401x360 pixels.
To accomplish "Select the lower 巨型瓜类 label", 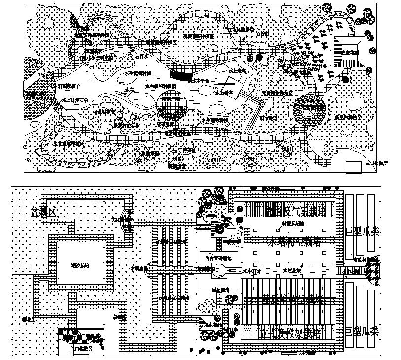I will tap(362, 331).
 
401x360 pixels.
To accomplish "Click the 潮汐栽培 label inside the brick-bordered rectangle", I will tap(81, 266).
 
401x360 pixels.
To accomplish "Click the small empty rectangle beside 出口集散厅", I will tap(353, 167).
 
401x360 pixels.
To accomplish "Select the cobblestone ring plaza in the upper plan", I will tap(310, 108).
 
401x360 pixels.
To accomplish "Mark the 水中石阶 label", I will tap(252, 270).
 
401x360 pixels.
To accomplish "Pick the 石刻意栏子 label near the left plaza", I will tap(70, 86).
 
